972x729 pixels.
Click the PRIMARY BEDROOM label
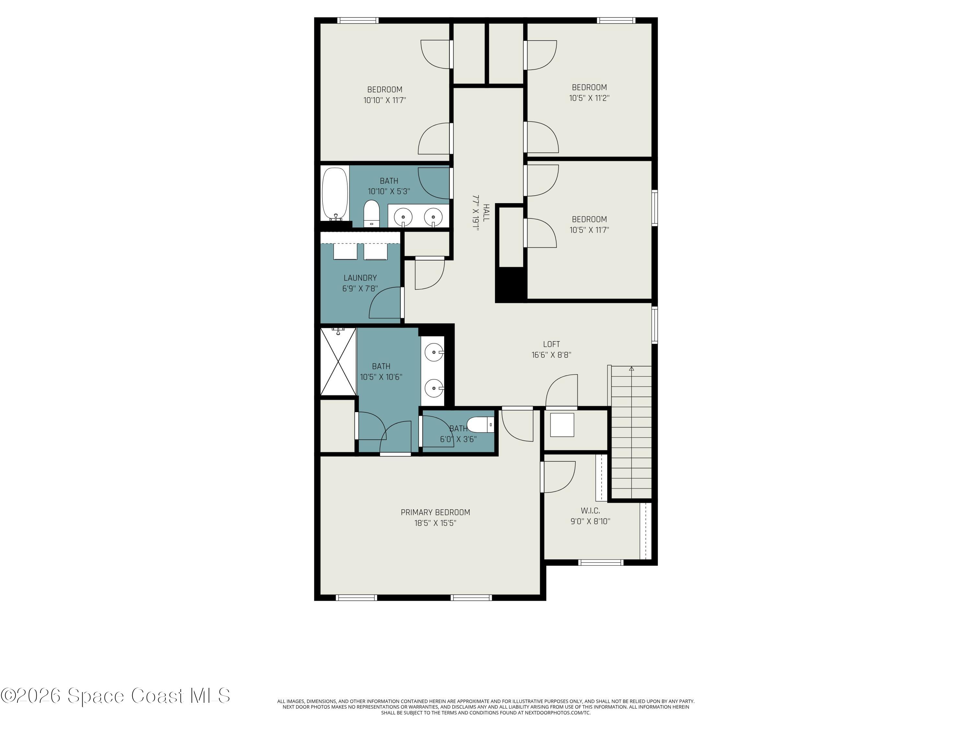pyautogui.click(x=435, y=512)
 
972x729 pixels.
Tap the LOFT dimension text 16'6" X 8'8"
pyautogui.click(x=551, y=354)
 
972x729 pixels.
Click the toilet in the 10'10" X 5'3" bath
pyautogui.click(x=371, y=213)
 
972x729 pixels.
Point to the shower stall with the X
pyautogui.click(x=338, y=362)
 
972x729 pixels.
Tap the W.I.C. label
pyautogui.click(x=590, y=511)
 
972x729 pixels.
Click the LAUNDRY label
pyautogui.click(x=360, y=278)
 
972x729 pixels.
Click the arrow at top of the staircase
pyautogui.click(x=631, y=369)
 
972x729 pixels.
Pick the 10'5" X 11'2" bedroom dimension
pyautogui.click(x=589, y=98)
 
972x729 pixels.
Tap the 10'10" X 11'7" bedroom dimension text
pyautogui.click(x=385, y=100)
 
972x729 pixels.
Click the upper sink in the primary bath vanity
pyautogui.click(x=434, y=352)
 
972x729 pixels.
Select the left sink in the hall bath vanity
pyautogui.click(x=403, y=217)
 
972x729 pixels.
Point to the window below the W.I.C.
pyautogui.click(x=600, y=562)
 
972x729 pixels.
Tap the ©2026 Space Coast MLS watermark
pyautogui.click(x=115, y=695)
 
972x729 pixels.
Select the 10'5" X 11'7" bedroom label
pyautogui.click(x=589, y=219)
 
